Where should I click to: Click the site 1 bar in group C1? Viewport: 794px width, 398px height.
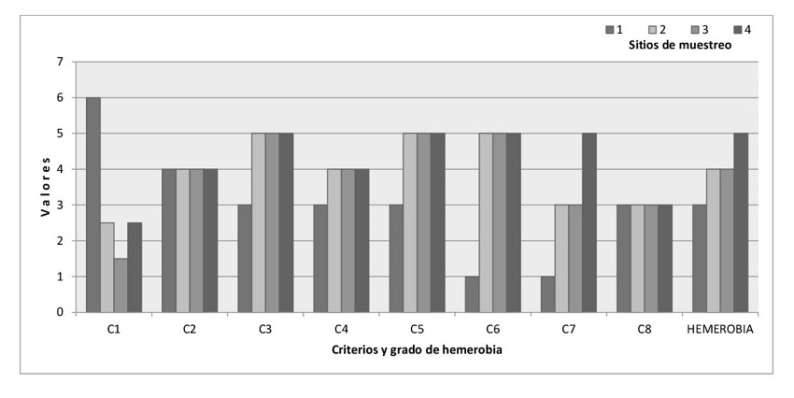93,205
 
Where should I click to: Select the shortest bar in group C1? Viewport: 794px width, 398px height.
121,285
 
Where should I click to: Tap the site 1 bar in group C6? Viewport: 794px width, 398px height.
472,294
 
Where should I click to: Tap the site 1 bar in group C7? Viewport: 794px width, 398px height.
547,294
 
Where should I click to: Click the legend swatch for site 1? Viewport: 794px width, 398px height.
609,30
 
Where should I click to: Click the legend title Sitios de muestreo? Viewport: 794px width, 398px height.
679,45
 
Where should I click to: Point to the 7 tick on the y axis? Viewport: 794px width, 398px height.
60,62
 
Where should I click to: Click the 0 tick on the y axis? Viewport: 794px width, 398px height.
60,312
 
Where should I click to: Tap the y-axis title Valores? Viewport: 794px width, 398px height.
44,187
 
